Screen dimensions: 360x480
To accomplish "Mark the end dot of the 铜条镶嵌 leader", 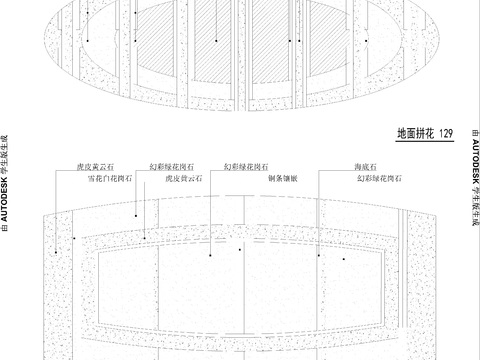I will [x=241, y=250].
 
